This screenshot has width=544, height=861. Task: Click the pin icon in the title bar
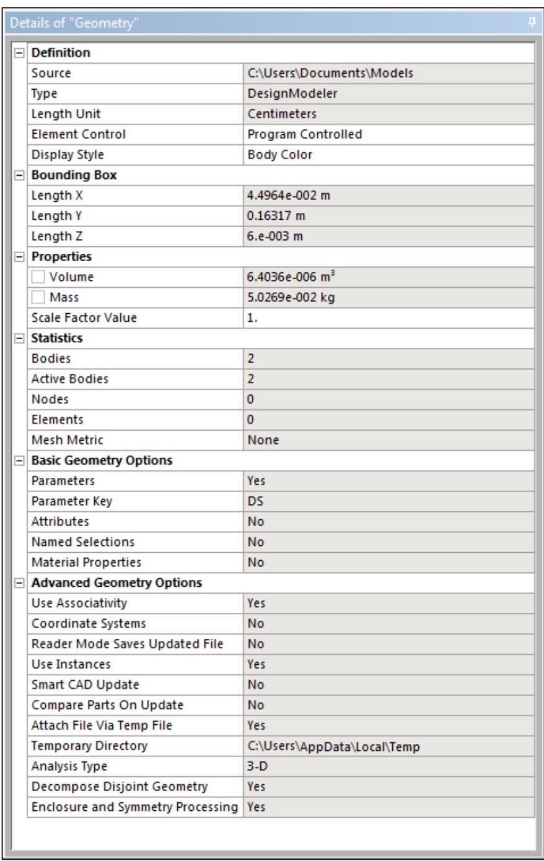click(531, 23)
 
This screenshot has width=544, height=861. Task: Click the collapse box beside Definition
click(19, 53)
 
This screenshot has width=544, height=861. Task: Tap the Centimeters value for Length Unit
click(282, 114)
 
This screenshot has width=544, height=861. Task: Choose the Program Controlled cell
click(304, 134)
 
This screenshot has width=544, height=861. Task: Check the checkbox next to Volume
click(39, 277)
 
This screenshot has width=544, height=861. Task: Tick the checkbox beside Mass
click(39, 298)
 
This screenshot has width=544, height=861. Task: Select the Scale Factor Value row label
click(84, 318)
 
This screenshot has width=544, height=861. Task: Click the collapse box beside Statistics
click(19, 339)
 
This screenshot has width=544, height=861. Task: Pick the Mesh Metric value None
click(263, 440)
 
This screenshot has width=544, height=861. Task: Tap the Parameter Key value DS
click(255, 501)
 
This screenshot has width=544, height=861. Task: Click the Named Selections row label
click(82, 542)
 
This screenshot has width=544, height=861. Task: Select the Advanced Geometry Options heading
click(116, 583)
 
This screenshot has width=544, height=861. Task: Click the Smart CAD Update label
click(85, 685)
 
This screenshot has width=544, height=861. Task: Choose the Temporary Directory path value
click(333, 746)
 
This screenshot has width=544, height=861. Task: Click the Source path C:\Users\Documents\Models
click(330, 73)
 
